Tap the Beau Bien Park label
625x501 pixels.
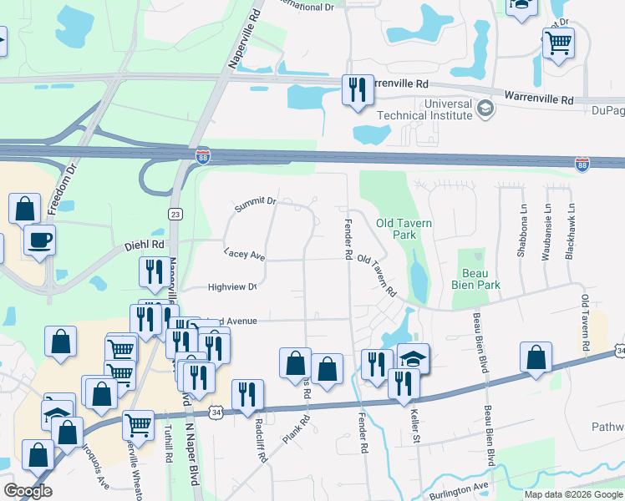coord(480,279)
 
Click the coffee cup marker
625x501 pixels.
coord(39,240)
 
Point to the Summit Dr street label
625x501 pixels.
coord(255,205)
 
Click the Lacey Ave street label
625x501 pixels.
coord(244,253)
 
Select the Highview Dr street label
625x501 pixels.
coord(232,287)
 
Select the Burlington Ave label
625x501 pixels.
coord(459,491)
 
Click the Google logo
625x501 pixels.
coord(28,490)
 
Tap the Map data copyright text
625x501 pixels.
coord(573,494)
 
